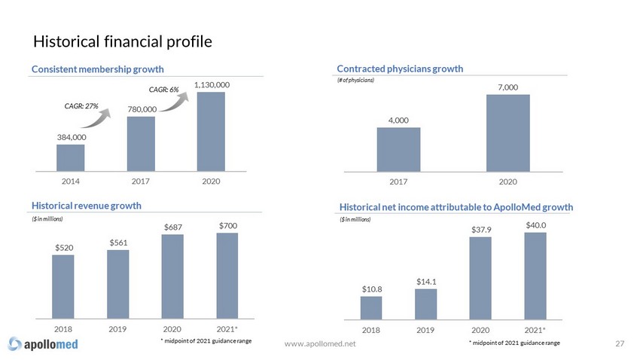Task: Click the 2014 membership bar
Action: point(70,158)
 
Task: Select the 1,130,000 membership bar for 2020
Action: point(212,132)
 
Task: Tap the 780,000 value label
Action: point(141,109)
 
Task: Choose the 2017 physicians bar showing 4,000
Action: point(398,150)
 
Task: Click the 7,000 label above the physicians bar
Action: point(507,87)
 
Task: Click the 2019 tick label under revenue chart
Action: point(117,329)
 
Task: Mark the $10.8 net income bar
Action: point(370,307)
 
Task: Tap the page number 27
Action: point(620,344)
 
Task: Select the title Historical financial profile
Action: point(122,40)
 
